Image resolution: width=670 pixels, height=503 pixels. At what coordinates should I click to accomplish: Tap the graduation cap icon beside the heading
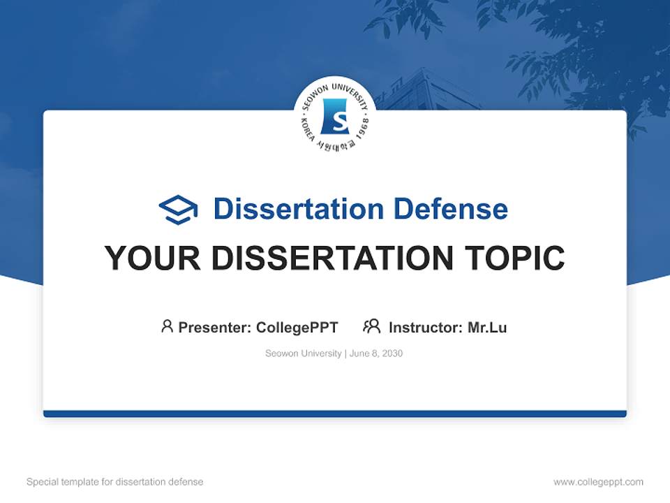point(178,209)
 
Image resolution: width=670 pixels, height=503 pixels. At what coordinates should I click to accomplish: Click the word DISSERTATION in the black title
point(329,258)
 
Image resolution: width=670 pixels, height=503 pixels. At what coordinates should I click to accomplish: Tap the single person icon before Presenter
point(167,326)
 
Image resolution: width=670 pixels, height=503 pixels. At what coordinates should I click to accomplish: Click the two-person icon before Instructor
point(371,326)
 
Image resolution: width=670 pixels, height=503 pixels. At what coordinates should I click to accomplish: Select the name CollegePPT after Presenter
point(297,327)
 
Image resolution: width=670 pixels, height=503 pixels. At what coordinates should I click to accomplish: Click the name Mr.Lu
point(487,327)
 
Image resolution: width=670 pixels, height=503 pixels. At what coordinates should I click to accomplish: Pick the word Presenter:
point(215,327)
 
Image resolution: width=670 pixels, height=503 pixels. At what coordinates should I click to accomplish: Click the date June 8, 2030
point(376,353)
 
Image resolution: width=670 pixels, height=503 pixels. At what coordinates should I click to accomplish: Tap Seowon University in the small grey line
point(303,353)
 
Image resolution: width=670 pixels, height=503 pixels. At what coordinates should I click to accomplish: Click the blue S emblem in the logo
point(334,117)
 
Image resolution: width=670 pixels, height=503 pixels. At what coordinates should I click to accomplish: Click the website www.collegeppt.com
point(598,482)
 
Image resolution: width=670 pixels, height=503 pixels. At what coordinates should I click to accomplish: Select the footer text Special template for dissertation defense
point(114,482)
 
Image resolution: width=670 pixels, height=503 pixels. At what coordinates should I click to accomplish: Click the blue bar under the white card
point(335,414)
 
